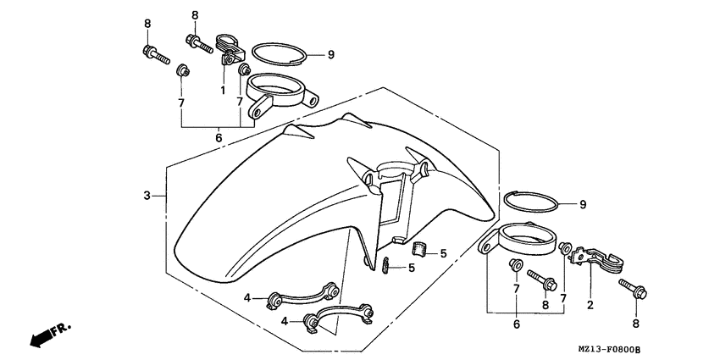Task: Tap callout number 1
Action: (223, 89)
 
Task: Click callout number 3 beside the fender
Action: (147, 196)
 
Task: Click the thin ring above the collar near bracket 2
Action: (531, 202)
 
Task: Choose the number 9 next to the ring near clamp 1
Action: (330, 55)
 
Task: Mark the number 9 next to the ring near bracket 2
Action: (582, 204)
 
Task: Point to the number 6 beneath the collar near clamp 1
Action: (218, 137)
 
